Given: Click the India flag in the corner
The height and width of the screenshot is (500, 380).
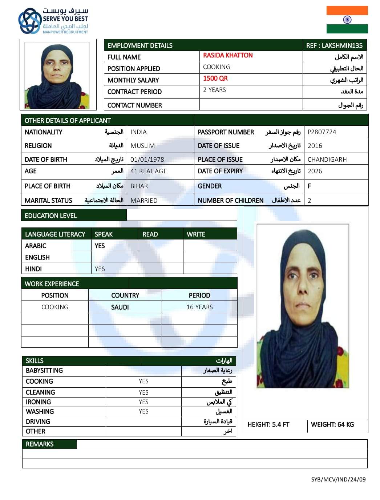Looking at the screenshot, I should pyautogui.click(x=347, y=20).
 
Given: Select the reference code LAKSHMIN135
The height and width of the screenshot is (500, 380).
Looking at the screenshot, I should pyautogui.click(x=334, y=45).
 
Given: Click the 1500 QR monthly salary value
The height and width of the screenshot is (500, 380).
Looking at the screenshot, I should pyautogui.click(x=215, y=78).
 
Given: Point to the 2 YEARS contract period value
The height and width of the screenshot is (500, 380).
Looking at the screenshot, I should pyautogui.click(x=214, y=90).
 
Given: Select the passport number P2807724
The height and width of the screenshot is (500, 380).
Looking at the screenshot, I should pyautogui.click(x=322, y=132).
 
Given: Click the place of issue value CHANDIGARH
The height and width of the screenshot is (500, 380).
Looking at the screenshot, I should pyautogui.click(x=327, y=159).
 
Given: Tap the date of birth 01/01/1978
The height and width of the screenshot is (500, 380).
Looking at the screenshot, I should pyautogui.click(x=147, y=159).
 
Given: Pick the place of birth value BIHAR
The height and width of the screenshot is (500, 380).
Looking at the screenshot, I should pyautogui.click(x=139, y=186).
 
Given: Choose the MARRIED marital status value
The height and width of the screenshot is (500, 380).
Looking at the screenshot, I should pyautogui.click(x=144, y=201).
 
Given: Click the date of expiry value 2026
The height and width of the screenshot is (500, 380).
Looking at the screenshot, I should pyautogui.click(x=315, y=171).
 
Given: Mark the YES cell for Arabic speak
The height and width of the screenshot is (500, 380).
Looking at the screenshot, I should pyautogui.click(x=100, y=246).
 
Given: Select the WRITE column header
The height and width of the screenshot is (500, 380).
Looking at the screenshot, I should pyautogui.click(x=196, y=234).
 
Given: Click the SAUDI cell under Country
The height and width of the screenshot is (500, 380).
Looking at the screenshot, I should pyautogui.click(x=120, y=307).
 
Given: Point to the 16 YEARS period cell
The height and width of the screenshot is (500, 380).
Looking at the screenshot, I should pyautogui.click(x=199, y=307).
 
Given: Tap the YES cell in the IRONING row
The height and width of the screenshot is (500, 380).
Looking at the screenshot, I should pyautogui.click(x=143, y=402).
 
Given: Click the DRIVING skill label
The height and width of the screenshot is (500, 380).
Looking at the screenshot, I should pyautogui.click(x=38, y=422).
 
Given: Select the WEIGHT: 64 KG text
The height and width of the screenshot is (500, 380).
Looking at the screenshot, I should pyautogui.click(x=332, y=424).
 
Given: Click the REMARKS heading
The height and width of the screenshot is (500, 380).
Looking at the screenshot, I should pyautogui.click(x=40, y=444).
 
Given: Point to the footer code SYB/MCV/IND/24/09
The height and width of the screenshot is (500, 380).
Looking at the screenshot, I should pyautogui.click(x=338, y=479).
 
